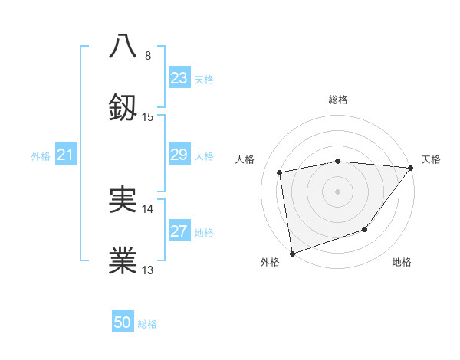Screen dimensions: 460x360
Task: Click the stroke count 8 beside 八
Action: point(148,56)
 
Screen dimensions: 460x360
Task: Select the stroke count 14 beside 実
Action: point(148,209)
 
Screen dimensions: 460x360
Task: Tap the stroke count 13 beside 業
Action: point(148,270)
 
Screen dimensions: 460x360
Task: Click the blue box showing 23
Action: point(179,78)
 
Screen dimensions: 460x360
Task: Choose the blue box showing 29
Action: point(179,155)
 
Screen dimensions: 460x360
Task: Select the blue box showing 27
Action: point(179,231)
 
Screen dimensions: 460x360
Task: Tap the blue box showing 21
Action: point(65,155)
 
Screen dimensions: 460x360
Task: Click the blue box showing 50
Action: point(123,322)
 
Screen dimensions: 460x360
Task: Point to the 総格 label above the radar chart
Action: point(338,100)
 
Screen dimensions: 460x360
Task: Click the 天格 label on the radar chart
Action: point(432,159)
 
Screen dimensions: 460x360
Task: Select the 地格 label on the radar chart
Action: point(402,263)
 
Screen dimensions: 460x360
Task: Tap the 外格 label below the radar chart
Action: point(270,263)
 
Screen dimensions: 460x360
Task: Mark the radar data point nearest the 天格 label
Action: point(412,168)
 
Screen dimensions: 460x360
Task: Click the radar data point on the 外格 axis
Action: point(292,253)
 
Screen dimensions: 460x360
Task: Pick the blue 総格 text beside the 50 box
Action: point(147,324)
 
